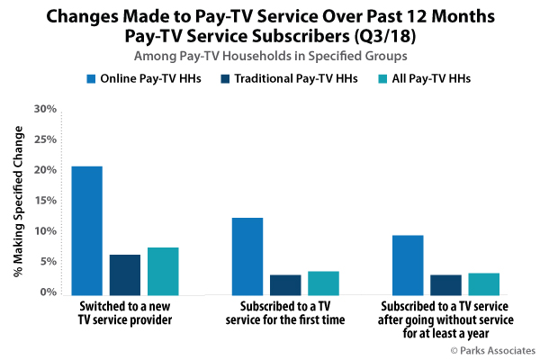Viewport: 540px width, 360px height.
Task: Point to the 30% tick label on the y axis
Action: pos(44,109)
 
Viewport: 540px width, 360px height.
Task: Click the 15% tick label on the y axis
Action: pos(44,201)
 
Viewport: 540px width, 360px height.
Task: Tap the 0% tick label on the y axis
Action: pos(47,292)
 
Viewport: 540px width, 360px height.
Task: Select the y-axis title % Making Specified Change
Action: pos(19,200)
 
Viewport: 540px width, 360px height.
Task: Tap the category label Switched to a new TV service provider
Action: pos(125,313)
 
